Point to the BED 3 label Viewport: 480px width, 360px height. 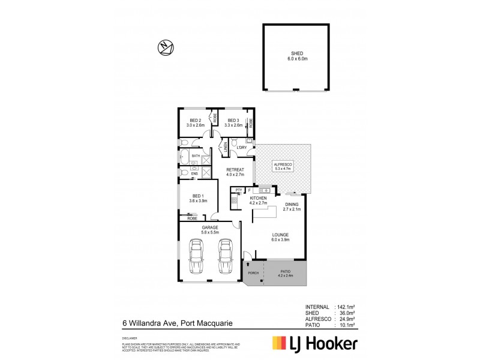pos(233,123)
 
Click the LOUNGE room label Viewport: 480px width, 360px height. pos(280,236)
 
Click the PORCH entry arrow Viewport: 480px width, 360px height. pos(247,264)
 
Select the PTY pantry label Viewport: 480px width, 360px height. pos(238,190)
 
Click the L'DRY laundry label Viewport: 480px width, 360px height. pos(242,148)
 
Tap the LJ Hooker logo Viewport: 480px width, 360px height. pos(315,344)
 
